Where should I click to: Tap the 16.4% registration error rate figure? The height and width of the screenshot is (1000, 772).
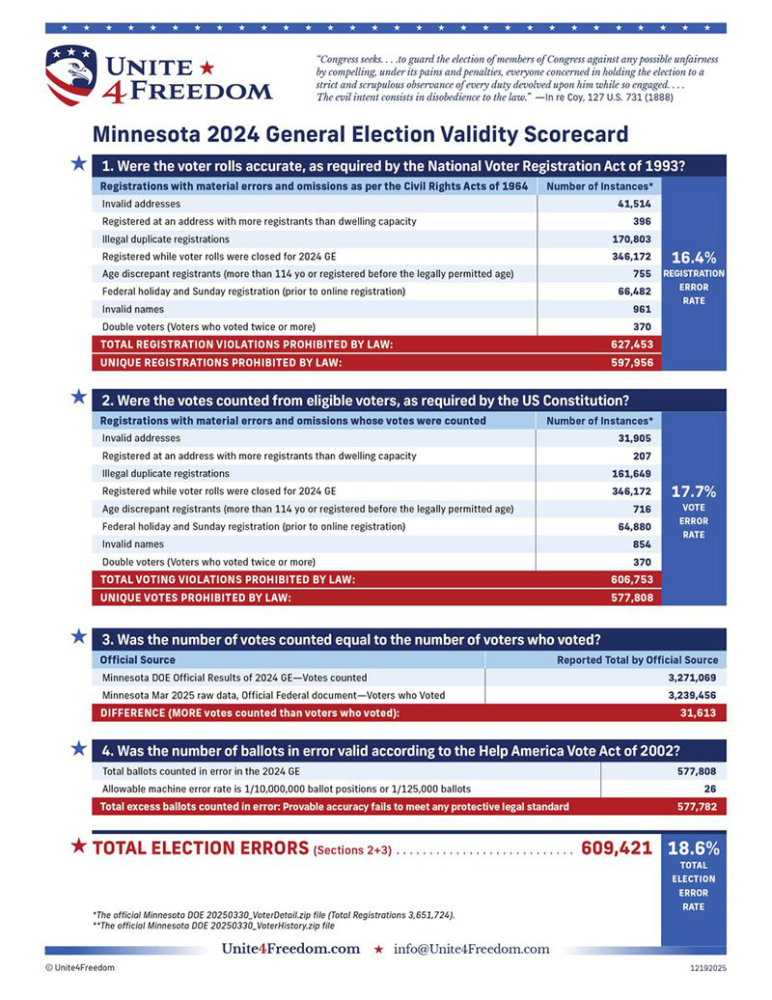click(x=693, y=258)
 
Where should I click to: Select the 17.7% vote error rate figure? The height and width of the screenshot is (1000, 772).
click(x=693, y=491)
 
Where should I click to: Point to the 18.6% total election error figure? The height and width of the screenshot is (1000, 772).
click(x=693, y=848)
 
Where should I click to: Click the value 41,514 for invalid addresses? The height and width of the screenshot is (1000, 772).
click(x=634, y=204)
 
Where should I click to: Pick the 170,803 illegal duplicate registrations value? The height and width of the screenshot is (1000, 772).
click(x=630, y=238)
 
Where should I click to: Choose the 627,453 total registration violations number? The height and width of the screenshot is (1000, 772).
click(x=630, y=344)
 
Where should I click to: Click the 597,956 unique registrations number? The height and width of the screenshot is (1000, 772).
click(x=630, y=362)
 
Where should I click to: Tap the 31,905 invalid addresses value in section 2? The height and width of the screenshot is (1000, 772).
click(x=634, y=438)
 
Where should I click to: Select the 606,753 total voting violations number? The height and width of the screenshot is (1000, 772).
click(x=630, y=579)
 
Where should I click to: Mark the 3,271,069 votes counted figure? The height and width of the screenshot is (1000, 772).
click(x=692, y=678)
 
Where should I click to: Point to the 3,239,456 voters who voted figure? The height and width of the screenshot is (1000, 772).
click(x=692, y=695)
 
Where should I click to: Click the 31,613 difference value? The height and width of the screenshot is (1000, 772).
click(x=700, y=712)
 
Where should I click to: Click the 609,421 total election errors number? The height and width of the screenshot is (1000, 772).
click(x=616, y=848)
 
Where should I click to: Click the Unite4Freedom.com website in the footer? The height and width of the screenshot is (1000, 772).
click(x=290, y=949)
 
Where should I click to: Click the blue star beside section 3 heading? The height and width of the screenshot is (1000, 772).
click(x=78, y=636)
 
